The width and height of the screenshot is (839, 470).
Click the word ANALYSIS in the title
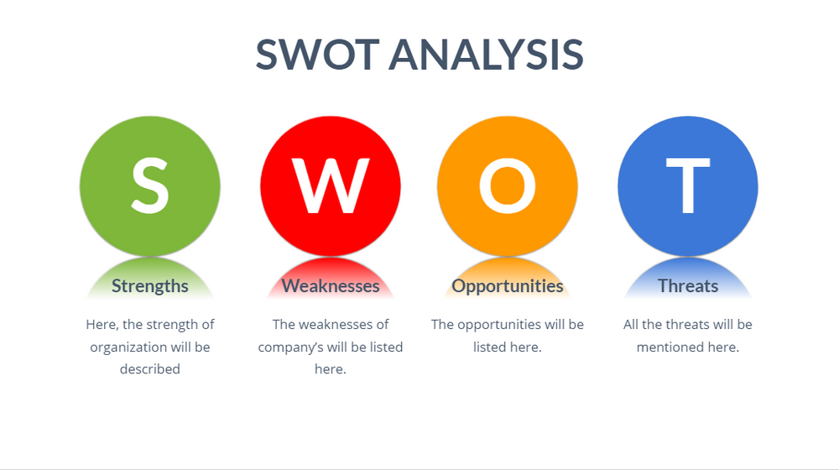click(x=486, y=54)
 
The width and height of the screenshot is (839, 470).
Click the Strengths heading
click(x=150, y=286)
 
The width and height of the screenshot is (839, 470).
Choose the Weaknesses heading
click(x=331, y=286)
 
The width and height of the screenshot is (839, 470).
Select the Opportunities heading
click(x=508, y=286)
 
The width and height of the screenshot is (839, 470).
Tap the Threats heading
click(x=688, y=286)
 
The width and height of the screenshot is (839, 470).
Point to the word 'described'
click(x=150, y=368)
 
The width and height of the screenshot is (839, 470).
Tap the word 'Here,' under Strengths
click(x=102, y=324)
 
